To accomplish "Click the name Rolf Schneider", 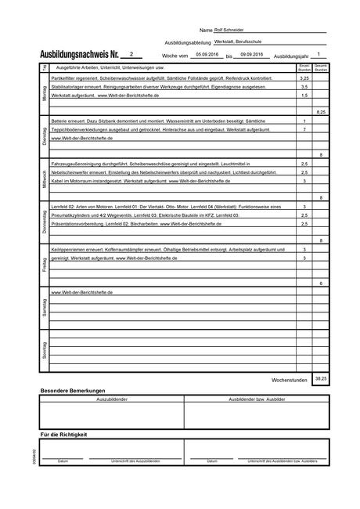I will pyautogui.click(x=229, y=30).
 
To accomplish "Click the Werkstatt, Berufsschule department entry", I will pyautogui.click(x=238, y=42).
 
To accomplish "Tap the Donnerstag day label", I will pyautogui.click(x=44, y=222).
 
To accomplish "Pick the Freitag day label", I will pyautogui.click(x=44, y=264).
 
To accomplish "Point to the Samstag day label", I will pyautogui.click(x=44, y=305).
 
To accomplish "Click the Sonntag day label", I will pyautogui.click(x=44, y=348).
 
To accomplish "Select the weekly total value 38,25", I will pyautogui.click(x=320, y=377).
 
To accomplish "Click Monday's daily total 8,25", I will pyautogui.click(x=320, y=113).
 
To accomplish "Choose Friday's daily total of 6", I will pyautogui.click(x=320, y=282).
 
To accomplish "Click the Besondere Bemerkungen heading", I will pyautogui.click(x=72, y=390).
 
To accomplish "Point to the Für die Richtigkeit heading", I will pyautogui.click(x=63, y=434).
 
